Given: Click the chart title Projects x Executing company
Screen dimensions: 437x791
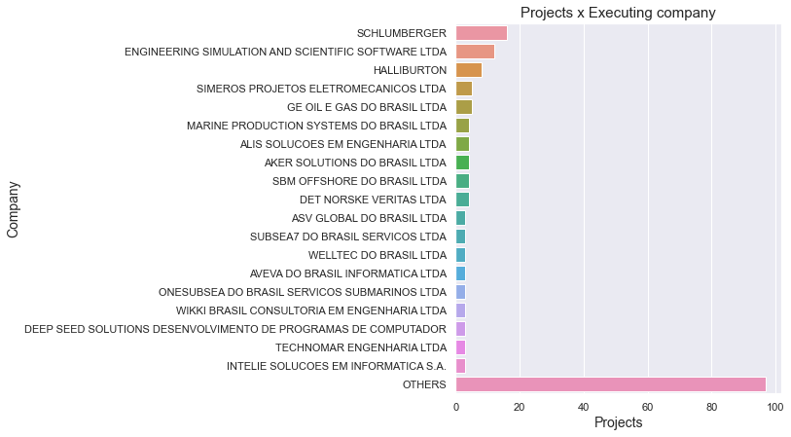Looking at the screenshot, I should (618, 13).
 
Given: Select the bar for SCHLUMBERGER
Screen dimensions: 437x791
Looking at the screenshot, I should (481, 33).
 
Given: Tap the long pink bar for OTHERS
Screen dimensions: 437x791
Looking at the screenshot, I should (610, 384).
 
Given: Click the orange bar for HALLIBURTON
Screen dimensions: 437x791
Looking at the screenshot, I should (468, 70).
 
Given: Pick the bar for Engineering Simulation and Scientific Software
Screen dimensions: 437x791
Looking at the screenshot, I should (475, 52).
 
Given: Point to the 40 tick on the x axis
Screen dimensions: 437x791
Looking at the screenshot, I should (584, 406).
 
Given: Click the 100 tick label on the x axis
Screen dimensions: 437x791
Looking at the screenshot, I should (775, 406).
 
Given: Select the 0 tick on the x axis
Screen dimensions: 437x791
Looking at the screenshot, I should (456, 406).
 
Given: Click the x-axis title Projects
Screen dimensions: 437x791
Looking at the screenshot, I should (618, 423).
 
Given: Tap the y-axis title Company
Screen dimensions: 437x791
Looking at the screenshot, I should (14, 208).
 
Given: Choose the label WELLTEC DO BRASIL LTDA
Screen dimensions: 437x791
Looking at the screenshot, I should (377, 255).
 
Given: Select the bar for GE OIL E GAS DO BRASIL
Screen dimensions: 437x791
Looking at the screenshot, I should (464, 107).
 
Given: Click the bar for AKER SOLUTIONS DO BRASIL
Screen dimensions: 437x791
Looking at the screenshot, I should (462, 163).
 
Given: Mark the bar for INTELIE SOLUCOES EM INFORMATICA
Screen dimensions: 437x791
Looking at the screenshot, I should (460, 366).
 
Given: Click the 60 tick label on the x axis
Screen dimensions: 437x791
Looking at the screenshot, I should (648, 406).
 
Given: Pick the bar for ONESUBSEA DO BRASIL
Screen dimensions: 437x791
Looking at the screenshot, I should (460, 292).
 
